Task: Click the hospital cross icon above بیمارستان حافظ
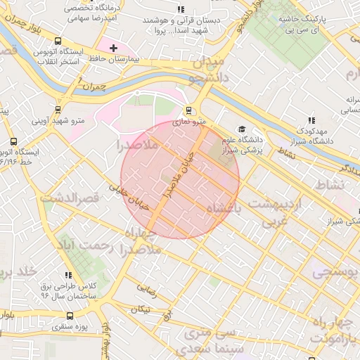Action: click(114, 48)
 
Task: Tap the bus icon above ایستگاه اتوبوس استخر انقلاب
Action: click(58, 41)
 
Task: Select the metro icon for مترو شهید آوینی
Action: click(57, 109)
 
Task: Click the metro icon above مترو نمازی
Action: click(188, 110)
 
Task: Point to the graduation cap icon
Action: click(242, 129)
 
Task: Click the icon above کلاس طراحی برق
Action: click(68, 275)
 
